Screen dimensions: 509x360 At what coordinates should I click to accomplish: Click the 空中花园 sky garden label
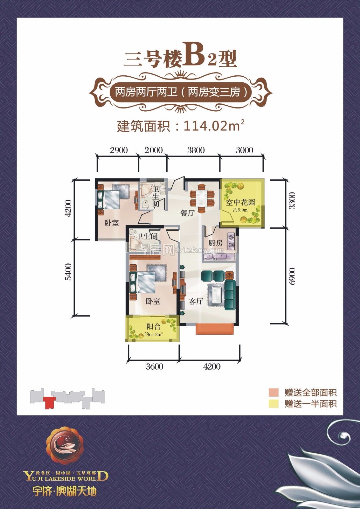point(240,202)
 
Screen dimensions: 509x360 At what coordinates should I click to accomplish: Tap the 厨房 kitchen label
point(216,243)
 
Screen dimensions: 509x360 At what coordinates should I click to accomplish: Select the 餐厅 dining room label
point(187,213)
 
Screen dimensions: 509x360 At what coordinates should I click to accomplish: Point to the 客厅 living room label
point(196,301)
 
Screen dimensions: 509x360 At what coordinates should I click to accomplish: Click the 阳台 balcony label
point(153,327)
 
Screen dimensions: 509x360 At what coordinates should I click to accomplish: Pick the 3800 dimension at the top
point(196,150)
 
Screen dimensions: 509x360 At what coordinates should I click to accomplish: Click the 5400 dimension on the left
point(68,272)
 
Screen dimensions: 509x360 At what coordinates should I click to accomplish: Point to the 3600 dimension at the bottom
point(155,366)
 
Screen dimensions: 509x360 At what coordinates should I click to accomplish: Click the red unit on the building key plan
point(49,402)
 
